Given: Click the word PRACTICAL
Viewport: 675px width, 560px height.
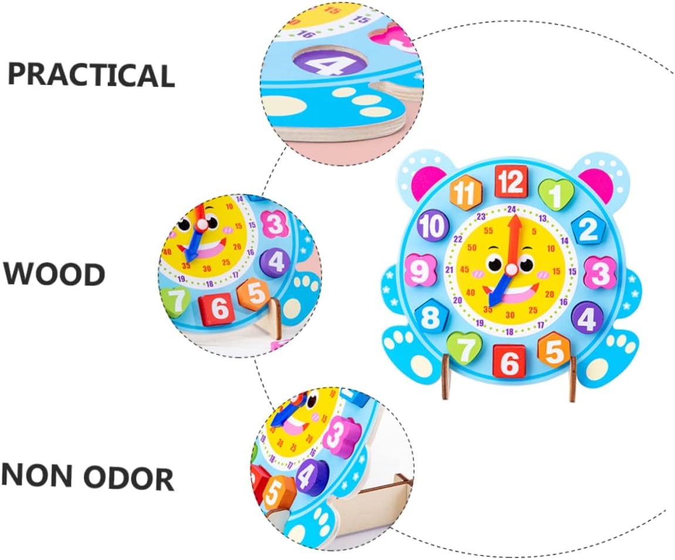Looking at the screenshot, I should point(91,74).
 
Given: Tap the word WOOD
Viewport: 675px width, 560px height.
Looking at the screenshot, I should point(55,274).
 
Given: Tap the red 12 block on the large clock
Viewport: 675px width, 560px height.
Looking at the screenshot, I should point(511,182).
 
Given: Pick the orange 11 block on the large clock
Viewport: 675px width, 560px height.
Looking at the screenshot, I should point(465,193).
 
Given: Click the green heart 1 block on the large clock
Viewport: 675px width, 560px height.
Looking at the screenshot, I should point(555,194).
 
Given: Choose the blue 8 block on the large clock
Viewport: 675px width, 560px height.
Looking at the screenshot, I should point(431,317).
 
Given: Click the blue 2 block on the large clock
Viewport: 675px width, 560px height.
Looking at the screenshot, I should point(588,229).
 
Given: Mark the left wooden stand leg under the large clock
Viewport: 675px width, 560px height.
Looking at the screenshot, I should point(446,378).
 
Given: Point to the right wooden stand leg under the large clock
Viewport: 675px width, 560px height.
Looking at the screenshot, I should point(573,381).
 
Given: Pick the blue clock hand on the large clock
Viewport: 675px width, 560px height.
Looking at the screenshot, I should point(500,289).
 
